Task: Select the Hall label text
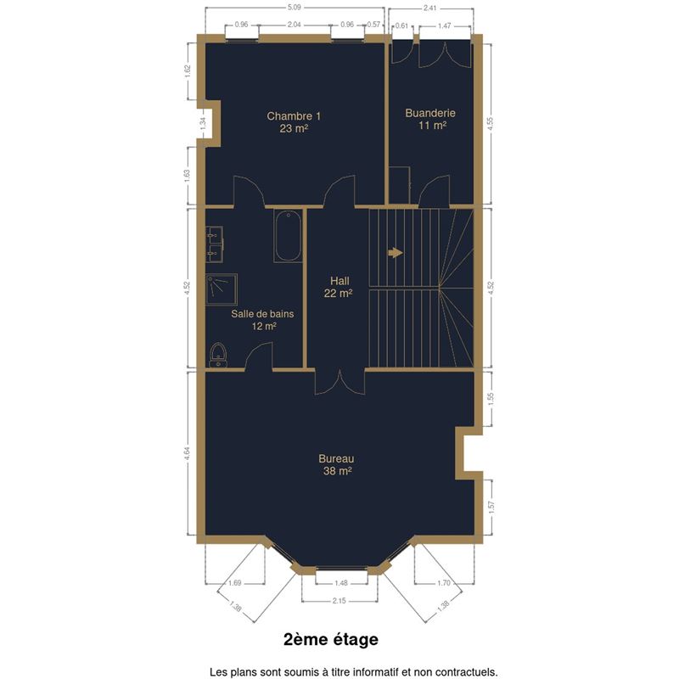pyautogui.click(x=339, y=281)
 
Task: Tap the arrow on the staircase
pyautogui.click(x=396, y=252)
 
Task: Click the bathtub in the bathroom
pyautogui.click(x=288, y=236)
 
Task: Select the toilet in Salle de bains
pyautogui.click(x=218, y=355)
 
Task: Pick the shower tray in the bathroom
pyautogui.click(x=222, y=289)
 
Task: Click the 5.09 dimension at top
pyautogui.click(x=294, y=8)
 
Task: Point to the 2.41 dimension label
pyautogui.click(x=429, y=8)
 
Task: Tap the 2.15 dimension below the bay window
pyautogui.click(x=339, y=601)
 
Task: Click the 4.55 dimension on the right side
pyautogui.click(x=491, y=123)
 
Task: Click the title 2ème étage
pyautogui.click(x=331, y=639)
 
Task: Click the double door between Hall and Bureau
pyautogui.click(x=340, y=382)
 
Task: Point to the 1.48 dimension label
pyautogui.click(x=341, y=583)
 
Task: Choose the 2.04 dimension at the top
pyautogui.click(x=294, y=25)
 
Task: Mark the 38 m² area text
pyautogui.click(x=337, y=471)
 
